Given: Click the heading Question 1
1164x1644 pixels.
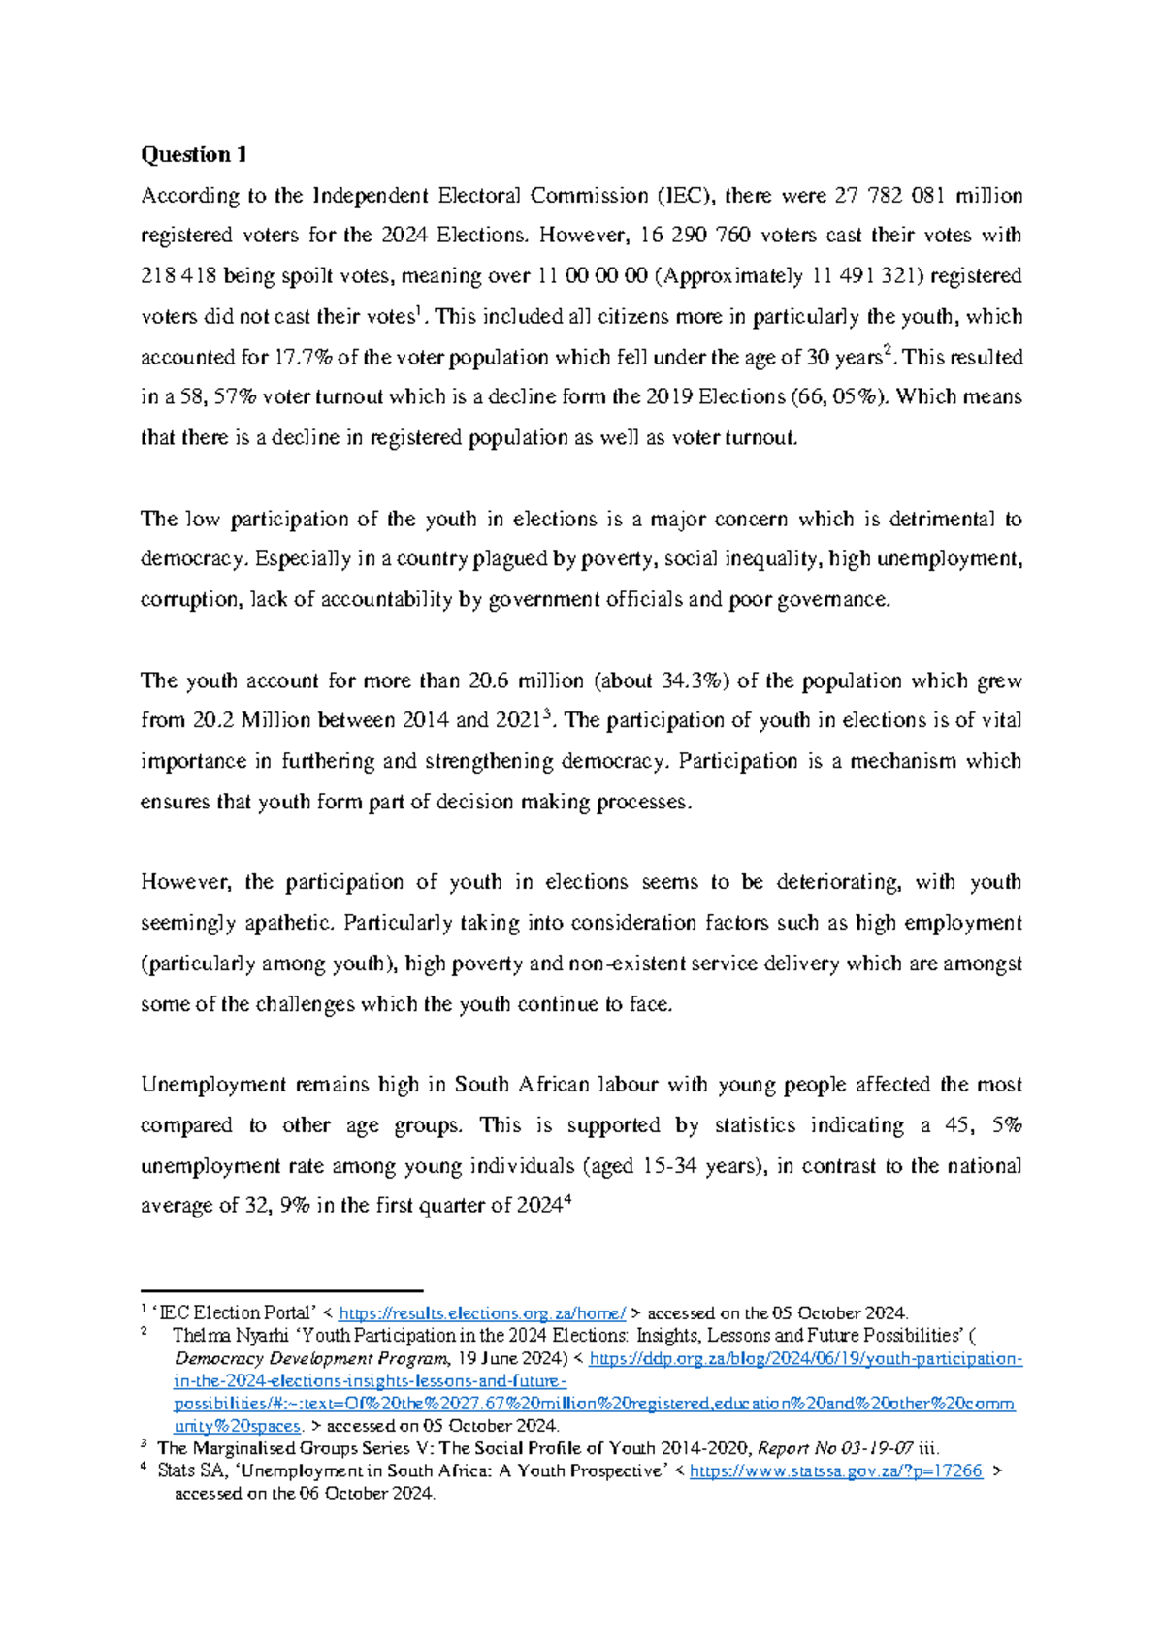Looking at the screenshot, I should pyautogui.click(x=194, y=155).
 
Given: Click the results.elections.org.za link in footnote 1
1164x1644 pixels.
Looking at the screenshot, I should pyautogui.click(x=482, y=1313).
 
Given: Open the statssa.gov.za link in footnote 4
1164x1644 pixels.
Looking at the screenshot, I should pyautogui.click(x=835, y=1471).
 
